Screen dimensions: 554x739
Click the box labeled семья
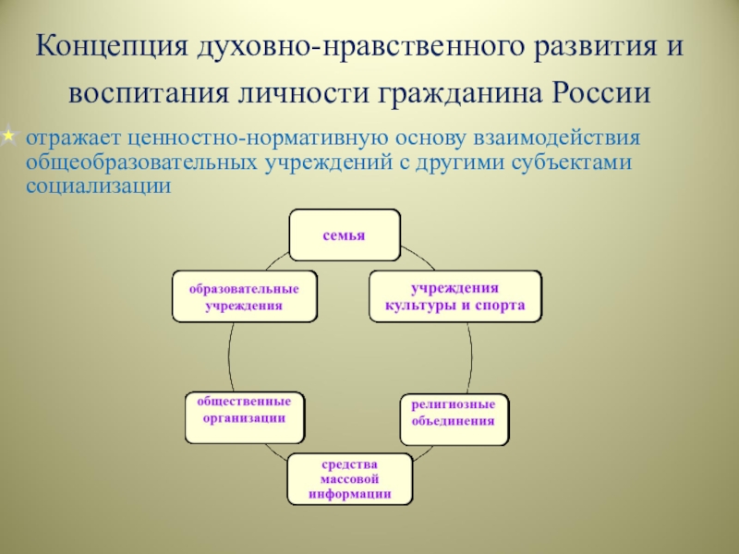(345, 235)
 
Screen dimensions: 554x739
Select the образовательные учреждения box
(244, 295)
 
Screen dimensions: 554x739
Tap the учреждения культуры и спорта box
(454, 295)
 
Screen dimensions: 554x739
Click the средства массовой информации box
(350, 478)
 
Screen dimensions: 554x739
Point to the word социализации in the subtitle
(99, 185)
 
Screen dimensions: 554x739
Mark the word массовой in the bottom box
(350, 478)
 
